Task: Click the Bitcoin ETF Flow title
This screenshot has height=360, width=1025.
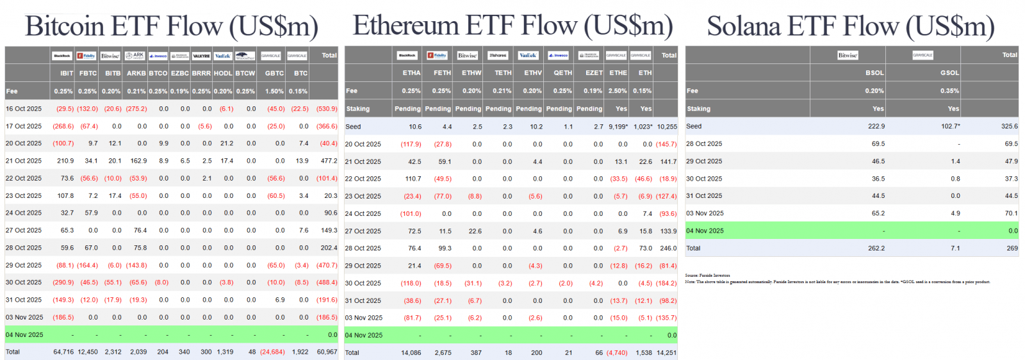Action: click(x=171, y=26)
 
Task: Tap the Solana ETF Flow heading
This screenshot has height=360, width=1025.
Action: click(x=850, y=26)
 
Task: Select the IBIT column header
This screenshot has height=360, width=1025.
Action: click(x=67, y=73)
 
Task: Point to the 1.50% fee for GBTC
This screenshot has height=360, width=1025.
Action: click(x=274, y=91)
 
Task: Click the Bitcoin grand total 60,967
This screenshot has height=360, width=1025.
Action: click(x=327, y=352)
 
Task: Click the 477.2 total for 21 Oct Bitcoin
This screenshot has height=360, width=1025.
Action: click(x=329, y=161)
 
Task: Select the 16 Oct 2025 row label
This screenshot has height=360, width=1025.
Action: click(x=24, y=109)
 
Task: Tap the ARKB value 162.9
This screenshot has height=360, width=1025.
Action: click(x=138, y=161)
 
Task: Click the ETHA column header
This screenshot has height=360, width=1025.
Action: click(x=411, y=73)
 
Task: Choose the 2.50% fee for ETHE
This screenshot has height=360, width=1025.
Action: click(x=618, y=91)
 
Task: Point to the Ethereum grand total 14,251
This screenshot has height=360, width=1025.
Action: click(x=666, y=352)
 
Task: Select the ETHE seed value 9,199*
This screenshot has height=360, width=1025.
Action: click(x=618, y=127)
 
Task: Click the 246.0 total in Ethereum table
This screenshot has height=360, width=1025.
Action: click(x=668, y=248)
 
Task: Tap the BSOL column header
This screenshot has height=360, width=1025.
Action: click(x=874, y=73)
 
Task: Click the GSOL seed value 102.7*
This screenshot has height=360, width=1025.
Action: click(x=950, y=126)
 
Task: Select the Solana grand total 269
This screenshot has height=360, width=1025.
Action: click(x=1012, y=248)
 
